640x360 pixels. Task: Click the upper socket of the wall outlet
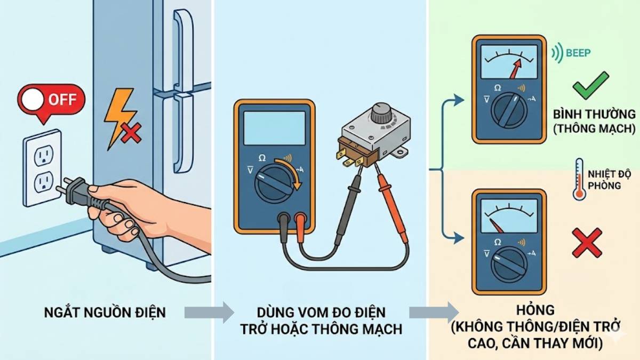click(x=42, y=156)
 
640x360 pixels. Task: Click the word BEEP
click(x=579, y=53)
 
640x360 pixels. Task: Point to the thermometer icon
click(x=579, y=179)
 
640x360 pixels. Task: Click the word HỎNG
click(x=528, y=310)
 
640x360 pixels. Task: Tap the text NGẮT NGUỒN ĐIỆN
click(x=105, y=313)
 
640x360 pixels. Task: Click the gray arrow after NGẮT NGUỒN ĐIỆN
click(x=209, y=313)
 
